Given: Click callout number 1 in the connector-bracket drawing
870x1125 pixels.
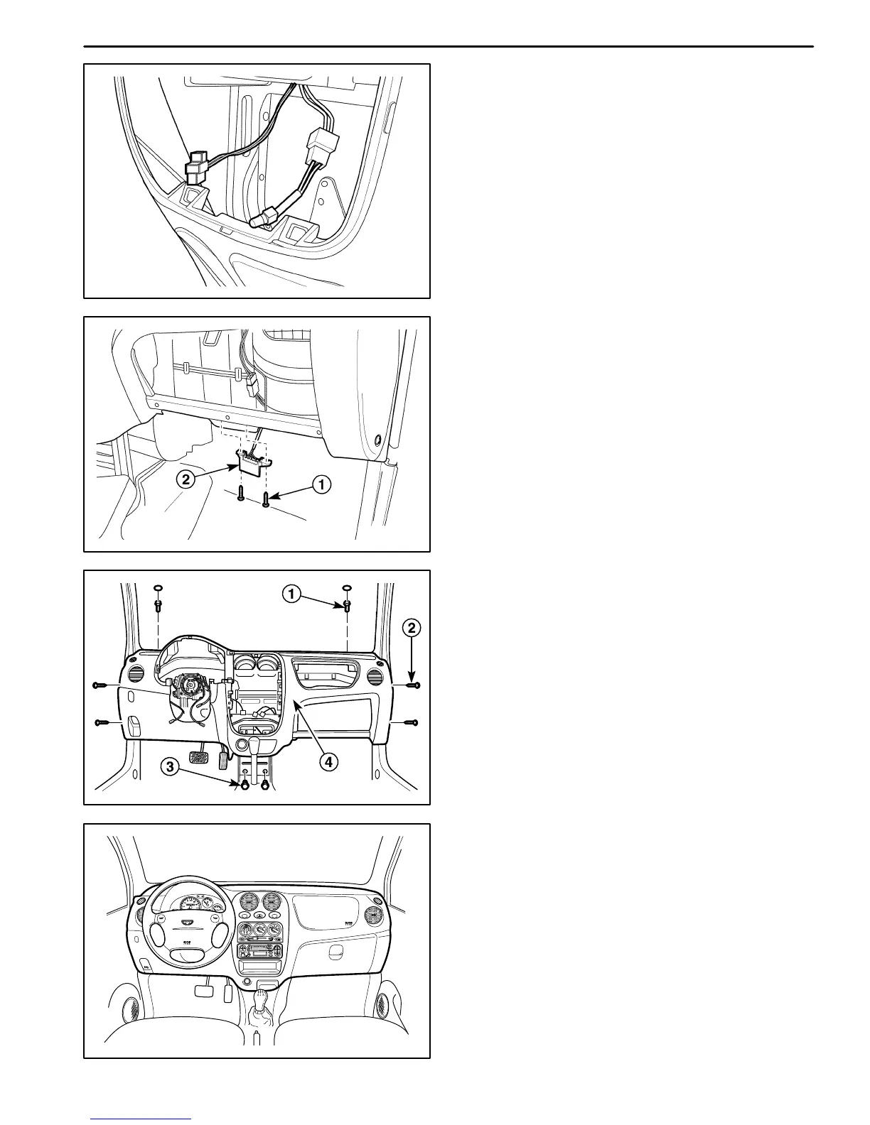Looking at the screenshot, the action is [321, 485].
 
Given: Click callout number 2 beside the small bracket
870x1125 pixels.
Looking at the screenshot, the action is [186, 479].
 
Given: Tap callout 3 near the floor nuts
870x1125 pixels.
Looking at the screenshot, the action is [169, 766].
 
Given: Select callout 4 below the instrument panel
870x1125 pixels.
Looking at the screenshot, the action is [327, 762].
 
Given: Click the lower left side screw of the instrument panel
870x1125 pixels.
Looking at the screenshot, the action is [101, 723].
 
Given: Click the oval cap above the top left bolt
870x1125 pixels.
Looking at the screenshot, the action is [158, 588].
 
